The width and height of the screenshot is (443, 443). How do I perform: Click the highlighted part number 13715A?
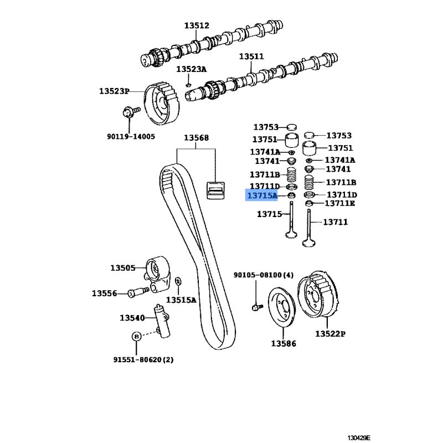[x=262, y=195]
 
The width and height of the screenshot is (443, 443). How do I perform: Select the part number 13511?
[x=251, y=56]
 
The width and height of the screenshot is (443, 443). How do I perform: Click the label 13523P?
[x=114, y=91]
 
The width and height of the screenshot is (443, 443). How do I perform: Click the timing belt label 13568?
[x=197, y=138]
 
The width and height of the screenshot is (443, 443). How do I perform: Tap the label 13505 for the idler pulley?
[x=122, y=268]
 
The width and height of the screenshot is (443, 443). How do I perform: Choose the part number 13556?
[x=105, y=293]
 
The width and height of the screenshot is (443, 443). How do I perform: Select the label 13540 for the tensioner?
[x=132, y=318]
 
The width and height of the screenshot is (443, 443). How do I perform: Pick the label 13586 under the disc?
[x=283, y=344]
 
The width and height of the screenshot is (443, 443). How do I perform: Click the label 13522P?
[x=331, y=334]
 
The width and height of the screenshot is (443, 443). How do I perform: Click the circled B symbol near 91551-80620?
[x=136, y=336]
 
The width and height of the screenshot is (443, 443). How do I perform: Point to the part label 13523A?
[x=191, y=69]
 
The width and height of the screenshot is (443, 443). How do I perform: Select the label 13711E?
[x=340, y=203]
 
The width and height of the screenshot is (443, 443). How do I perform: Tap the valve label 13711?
[x=335, y=222]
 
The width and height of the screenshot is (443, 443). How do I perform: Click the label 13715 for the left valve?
[x=270, y=214]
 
